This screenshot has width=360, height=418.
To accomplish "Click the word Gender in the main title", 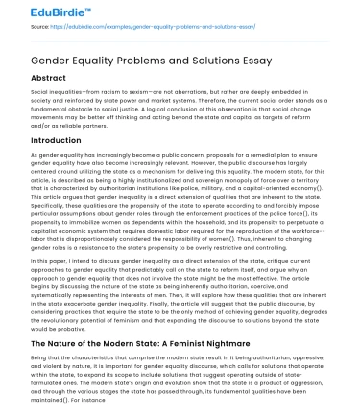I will pos(44,58).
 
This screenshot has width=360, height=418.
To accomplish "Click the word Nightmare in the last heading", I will pos(220,344).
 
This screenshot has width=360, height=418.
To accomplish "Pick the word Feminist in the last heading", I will pos(174,344).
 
